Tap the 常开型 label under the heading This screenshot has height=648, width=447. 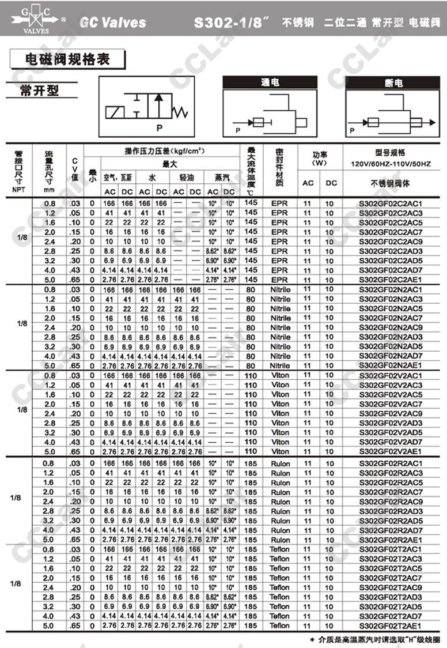[41, 90]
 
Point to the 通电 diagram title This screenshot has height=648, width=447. [270, 83]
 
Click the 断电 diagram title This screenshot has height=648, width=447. [393, 83]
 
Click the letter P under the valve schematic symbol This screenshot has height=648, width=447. [160, 128]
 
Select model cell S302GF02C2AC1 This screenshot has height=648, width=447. [390, 203]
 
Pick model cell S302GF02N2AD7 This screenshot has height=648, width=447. [390, 356]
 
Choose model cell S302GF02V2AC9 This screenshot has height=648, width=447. [390, 413]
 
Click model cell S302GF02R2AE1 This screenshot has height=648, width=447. [390, 540]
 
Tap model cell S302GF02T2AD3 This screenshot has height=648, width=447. [390, 597]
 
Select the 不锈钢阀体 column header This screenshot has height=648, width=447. [390, 183]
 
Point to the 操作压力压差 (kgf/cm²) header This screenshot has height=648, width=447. [165, 151]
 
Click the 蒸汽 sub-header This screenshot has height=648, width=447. [221, 178]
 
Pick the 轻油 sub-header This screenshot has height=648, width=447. [187, 178]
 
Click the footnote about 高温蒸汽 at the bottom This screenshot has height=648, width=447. [374, 639]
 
